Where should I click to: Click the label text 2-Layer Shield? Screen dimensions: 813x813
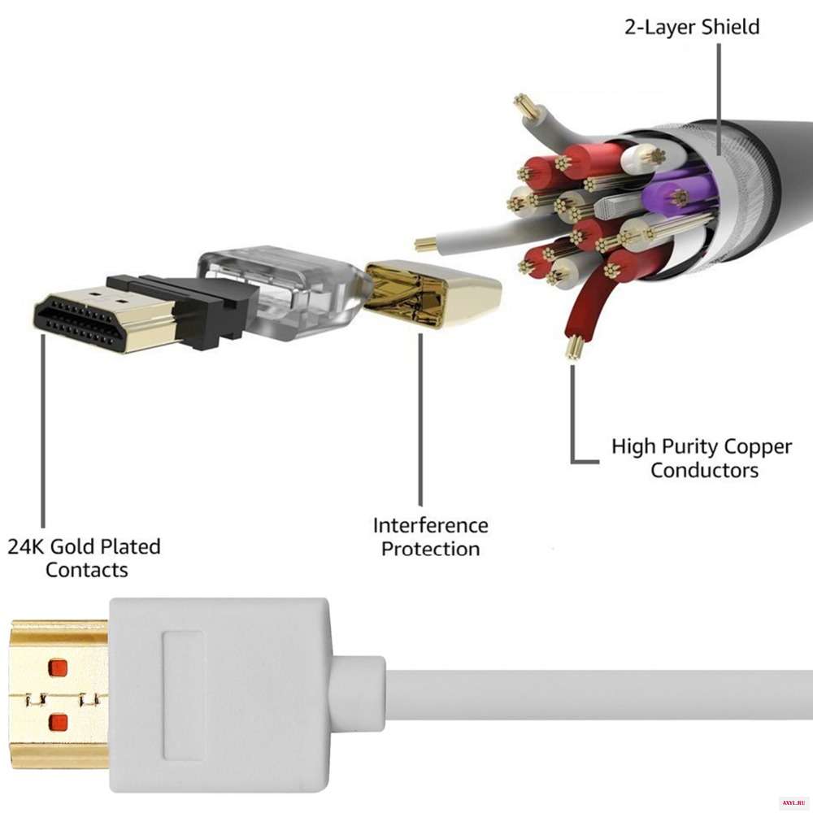click(691, 26)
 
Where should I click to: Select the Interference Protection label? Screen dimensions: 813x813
click(431, 537)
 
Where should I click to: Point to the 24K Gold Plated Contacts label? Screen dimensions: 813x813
click(85, 558)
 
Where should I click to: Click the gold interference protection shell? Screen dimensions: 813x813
click(431, 293)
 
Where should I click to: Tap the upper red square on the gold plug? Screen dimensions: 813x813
click(58, 669)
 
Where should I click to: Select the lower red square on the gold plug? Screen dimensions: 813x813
click(58, 721)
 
